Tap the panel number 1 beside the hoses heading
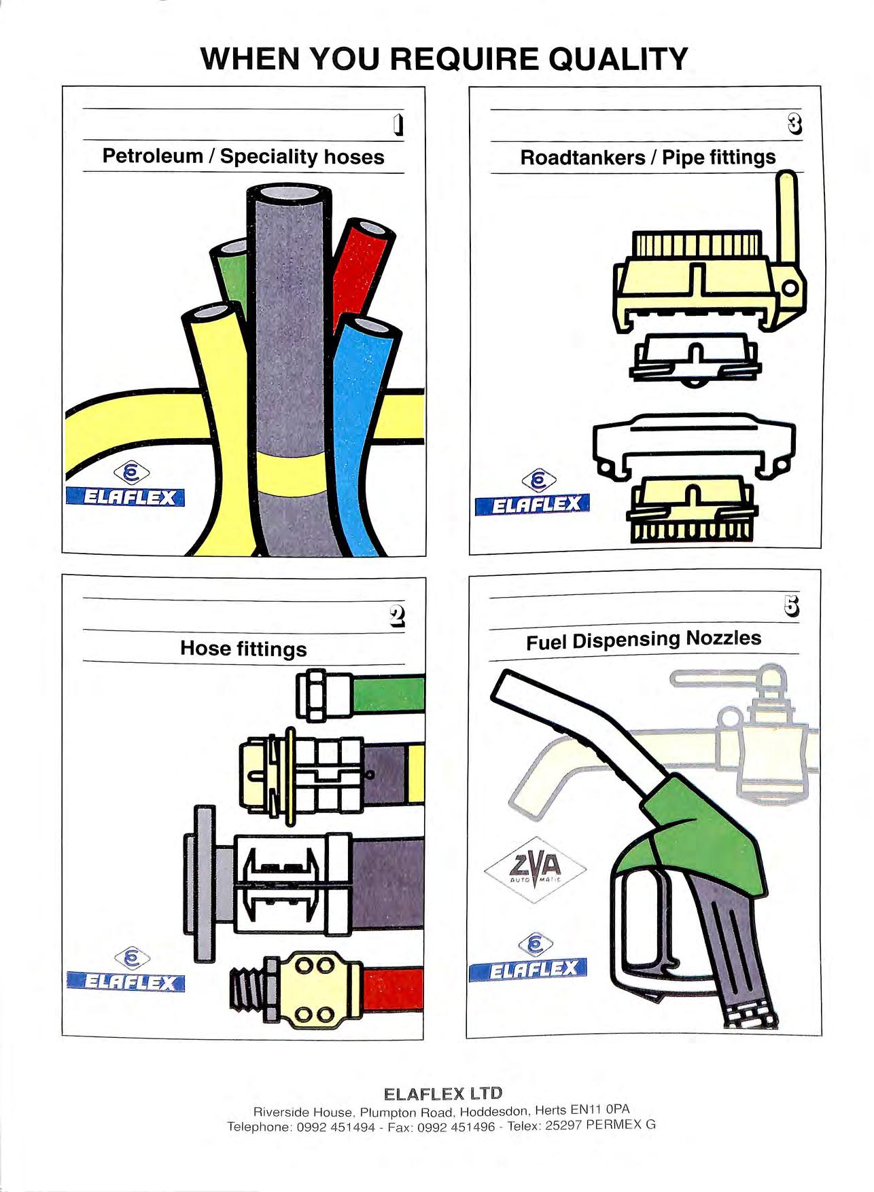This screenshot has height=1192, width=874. click(399, 125)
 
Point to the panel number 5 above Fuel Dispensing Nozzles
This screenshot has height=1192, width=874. click(792, 607)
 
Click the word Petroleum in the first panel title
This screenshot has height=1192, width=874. click(152, 156)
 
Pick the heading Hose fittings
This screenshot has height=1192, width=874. click(243, 649)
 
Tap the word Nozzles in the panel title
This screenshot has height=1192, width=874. click(723, 638)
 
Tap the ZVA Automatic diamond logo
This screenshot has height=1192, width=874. click(536, 869)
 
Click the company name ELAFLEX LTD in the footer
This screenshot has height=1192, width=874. click(442, 1094)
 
